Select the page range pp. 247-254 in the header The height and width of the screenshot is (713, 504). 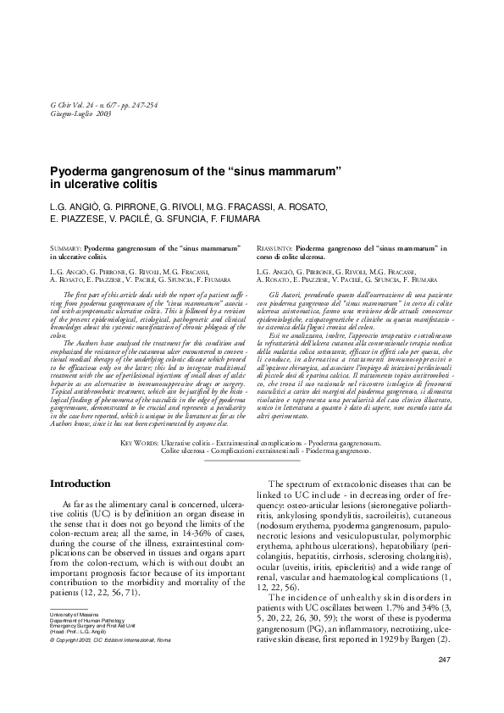pos(152,104)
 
